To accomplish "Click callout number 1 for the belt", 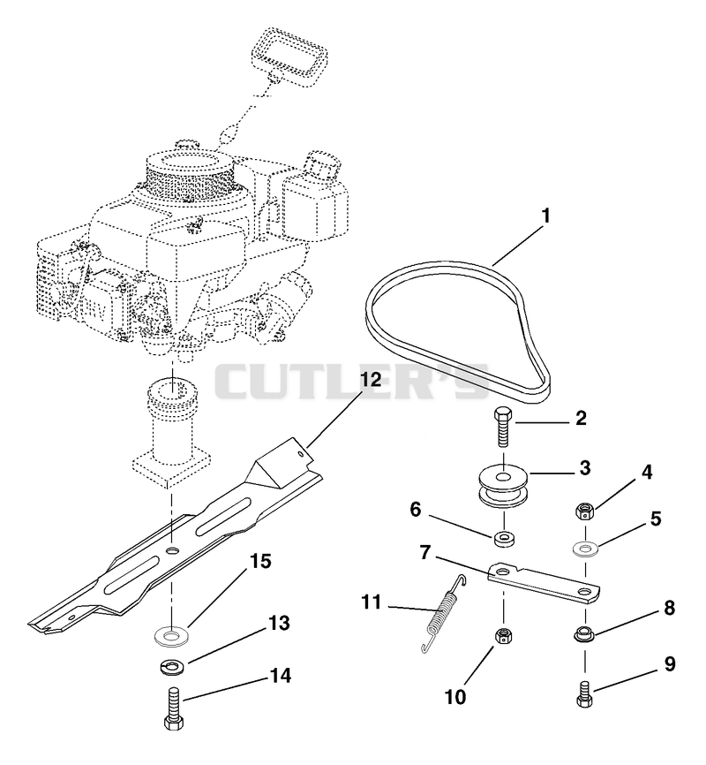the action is click(x=545, y=216).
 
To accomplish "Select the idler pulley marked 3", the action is click(x=503, y=485).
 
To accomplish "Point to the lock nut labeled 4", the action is click(x=583, y=511).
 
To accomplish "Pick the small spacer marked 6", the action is click(x=503, y=540).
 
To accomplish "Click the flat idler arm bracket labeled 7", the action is click(x=544, y=584).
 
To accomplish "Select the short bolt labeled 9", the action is click(x=583, y=693).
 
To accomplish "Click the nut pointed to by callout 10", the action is click(x=503, y=635).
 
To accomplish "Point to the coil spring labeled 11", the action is click(x=442, y=613).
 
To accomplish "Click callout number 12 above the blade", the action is click(x=371, y=379).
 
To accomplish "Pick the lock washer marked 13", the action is click(x=170, y=666).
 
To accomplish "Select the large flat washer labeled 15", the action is click(x=170, y=636).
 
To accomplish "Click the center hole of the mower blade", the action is click(x=171, y=550).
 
